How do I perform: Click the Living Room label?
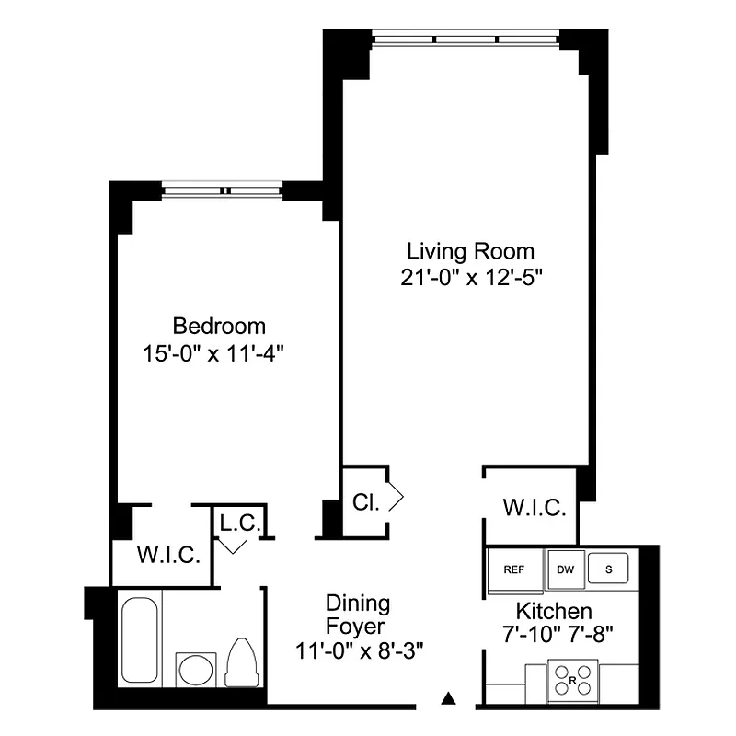[471, 250]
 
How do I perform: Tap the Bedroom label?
[220, 326]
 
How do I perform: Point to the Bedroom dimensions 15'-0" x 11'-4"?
[220, 353]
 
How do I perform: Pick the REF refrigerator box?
[514, 569]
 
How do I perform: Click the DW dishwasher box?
[564, 569]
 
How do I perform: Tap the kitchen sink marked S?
[608, 569]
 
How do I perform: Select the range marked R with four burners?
[572, 681]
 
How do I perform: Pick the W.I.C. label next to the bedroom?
[168, 556]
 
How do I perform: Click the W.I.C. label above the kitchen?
[534, 508]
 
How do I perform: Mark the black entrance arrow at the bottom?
[448, 697]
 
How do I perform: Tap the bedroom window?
[223, 190]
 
